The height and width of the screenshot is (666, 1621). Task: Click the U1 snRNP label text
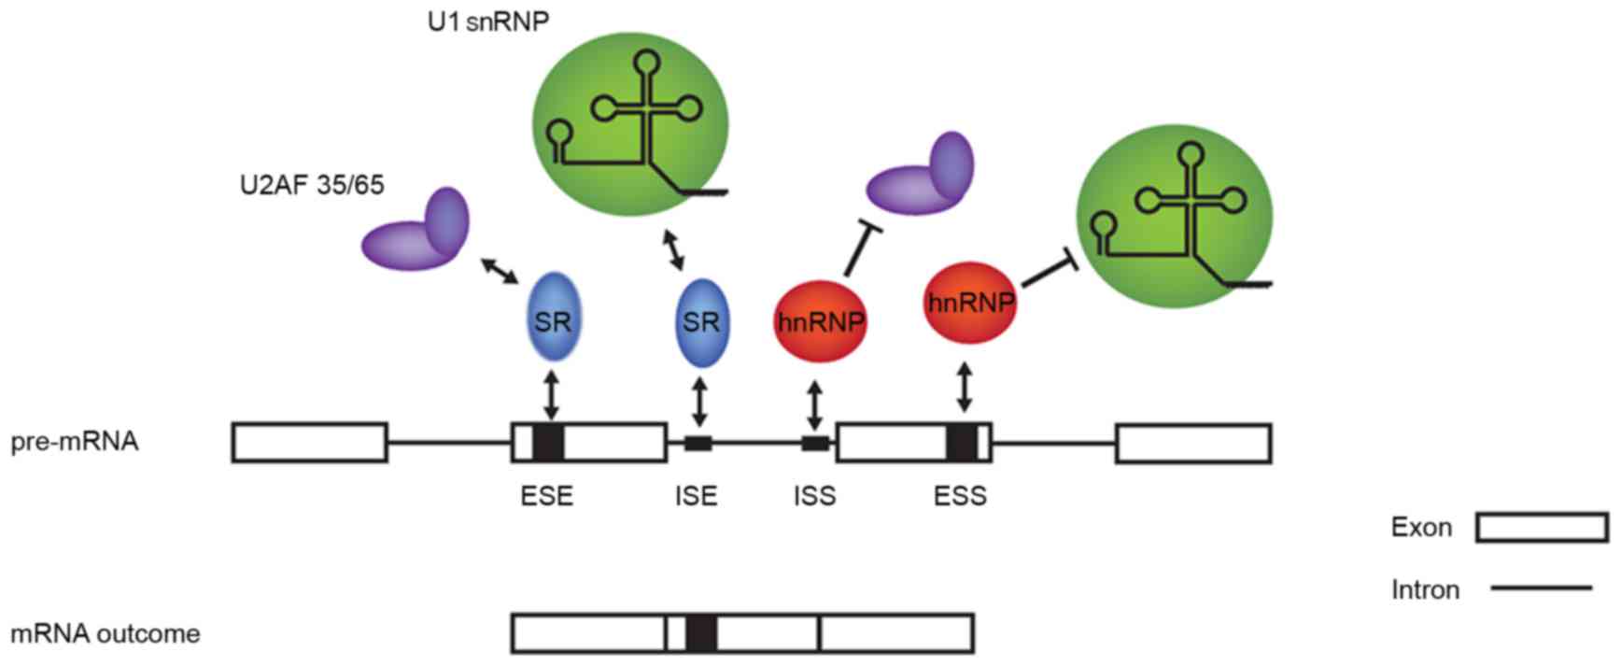487,21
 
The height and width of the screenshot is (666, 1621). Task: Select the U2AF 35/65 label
311,185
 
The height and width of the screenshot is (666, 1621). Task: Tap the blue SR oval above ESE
553,321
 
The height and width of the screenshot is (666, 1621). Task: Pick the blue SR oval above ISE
701,322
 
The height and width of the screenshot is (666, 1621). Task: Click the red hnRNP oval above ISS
821,322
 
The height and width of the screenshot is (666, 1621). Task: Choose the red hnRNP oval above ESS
969,303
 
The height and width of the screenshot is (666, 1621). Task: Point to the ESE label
547,495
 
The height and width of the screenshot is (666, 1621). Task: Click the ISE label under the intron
697,495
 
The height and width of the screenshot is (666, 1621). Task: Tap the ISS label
815,495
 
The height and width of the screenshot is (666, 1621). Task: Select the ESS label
960,495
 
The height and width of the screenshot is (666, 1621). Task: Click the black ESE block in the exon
548,443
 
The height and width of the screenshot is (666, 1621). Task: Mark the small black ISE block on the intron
698,443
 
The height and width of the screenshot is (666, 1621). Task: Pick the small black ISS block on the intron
815,443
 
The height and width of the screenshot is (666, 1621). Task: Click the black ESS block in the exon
961,443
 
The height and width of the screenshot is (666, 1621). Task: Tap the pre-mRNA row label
75,441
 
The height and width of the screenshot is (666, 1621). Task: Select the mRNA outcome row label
105,634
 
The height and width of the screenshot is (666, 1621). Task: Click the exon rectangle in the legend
1542,528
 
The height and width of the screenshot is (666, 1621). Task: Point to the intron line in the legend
1541,588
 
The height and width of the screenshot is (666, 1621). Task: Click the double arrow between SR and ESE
551,396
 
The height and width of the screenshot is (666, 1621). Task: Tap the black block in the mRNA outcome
700,633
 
